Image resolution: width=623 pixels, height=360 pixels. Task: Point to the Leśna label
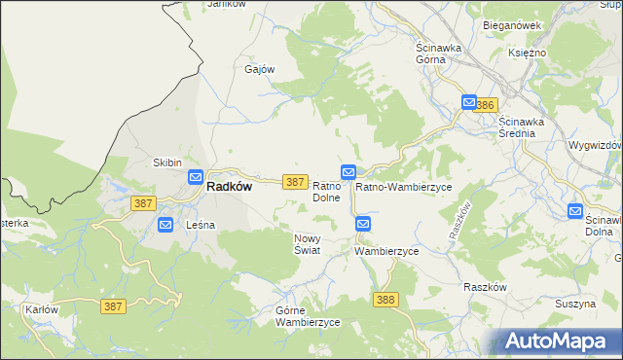click(x=201, y=225)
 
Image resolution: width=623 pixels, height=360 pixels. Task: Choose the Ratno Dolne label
click(x=325, y=192)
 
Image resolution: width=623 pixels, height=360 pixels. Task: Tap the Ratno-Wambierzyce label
click(x=403, y=186)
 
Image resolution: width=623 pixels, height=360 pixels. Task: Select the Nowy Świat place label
click(x=309, y=243)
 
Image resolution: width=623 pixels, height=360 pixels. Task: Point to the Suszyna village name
click(x=574, y=304)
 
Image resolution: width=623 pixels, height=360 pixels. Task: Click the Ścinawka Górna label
click(x=443, y=54)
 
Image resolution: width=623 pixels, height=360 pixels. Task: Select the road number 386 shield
click(x=488, y=104)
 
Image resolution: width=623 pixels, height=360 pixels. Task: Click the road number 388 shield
click(x=385, y=300)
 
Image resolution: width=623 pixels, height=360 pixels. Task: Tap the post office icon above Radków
click(x=195, y=178)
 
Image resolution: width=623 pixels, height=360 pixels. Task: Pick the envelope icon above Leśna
click(x=165, y=225)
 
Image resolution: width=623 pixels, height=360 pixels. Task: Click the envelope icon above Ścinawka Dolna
click(x=575, y=210)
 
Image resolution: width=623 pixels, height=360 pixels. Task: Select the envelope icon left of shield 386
click(x=469, y=102)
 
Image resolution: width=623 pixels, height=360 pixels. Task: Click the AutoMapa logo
click(x=559, y=341)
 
